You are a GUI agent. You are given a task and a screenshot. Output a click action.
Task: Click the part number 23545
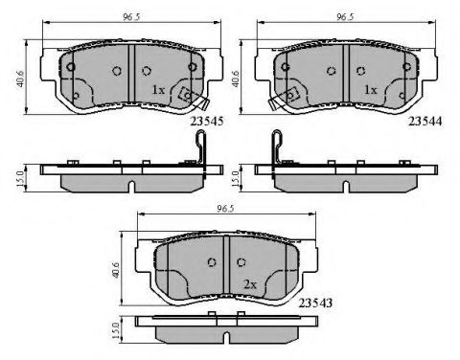tap(206, 122)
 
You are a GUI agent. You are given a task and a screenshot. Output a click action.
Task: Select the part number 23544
tap(425, 122)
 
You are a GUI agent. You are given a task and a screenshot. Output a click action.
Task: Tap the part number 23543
tap(315, 303)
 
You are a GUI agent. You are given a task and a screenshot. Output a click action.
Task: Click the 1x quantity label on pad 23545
tap(158, 90)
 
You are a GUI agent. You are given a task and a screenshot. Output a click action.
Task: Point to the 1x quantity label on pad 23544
tap(371, 90)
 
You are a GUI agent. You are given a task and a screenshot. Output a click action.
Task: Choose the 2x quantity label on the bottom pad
tap(250, 284)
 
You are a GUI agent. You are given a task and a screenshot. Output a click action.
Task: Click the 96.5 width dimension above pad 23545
tap(131, 17)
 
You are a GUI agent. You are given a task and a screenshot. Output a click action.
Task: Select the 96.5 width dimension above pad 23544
tap(345, 17)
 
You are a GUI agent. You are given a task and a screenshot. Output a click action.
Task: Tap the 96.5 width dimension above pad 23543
tap(225, 209)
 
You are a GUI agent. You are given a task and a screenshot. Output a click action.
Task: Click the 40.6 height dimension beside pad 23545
tap(20, 79)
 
